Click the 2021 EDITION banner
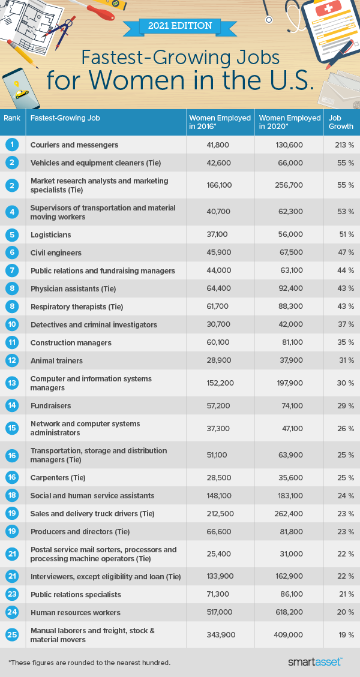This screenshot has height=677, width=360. tap(180, 26)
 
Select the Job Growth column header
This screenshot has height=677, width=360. tap(341, 122)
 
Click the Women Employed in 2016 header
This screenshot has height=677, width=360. tap(220, 122)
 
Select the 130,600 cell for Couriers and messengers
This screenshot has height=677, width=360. tap(289, 145)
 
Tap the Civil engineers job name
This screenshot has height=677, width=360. tap(56, 253)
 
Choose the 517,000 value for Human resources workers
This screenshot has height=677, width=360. tap(220, 613)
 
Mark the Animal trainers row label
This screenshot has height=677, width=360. tap(56, 361)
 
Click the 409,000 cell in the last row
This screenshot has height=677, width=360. tap(289, 635)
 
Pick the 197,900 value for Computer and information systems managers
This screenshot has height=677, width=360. tap(289, 383)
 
